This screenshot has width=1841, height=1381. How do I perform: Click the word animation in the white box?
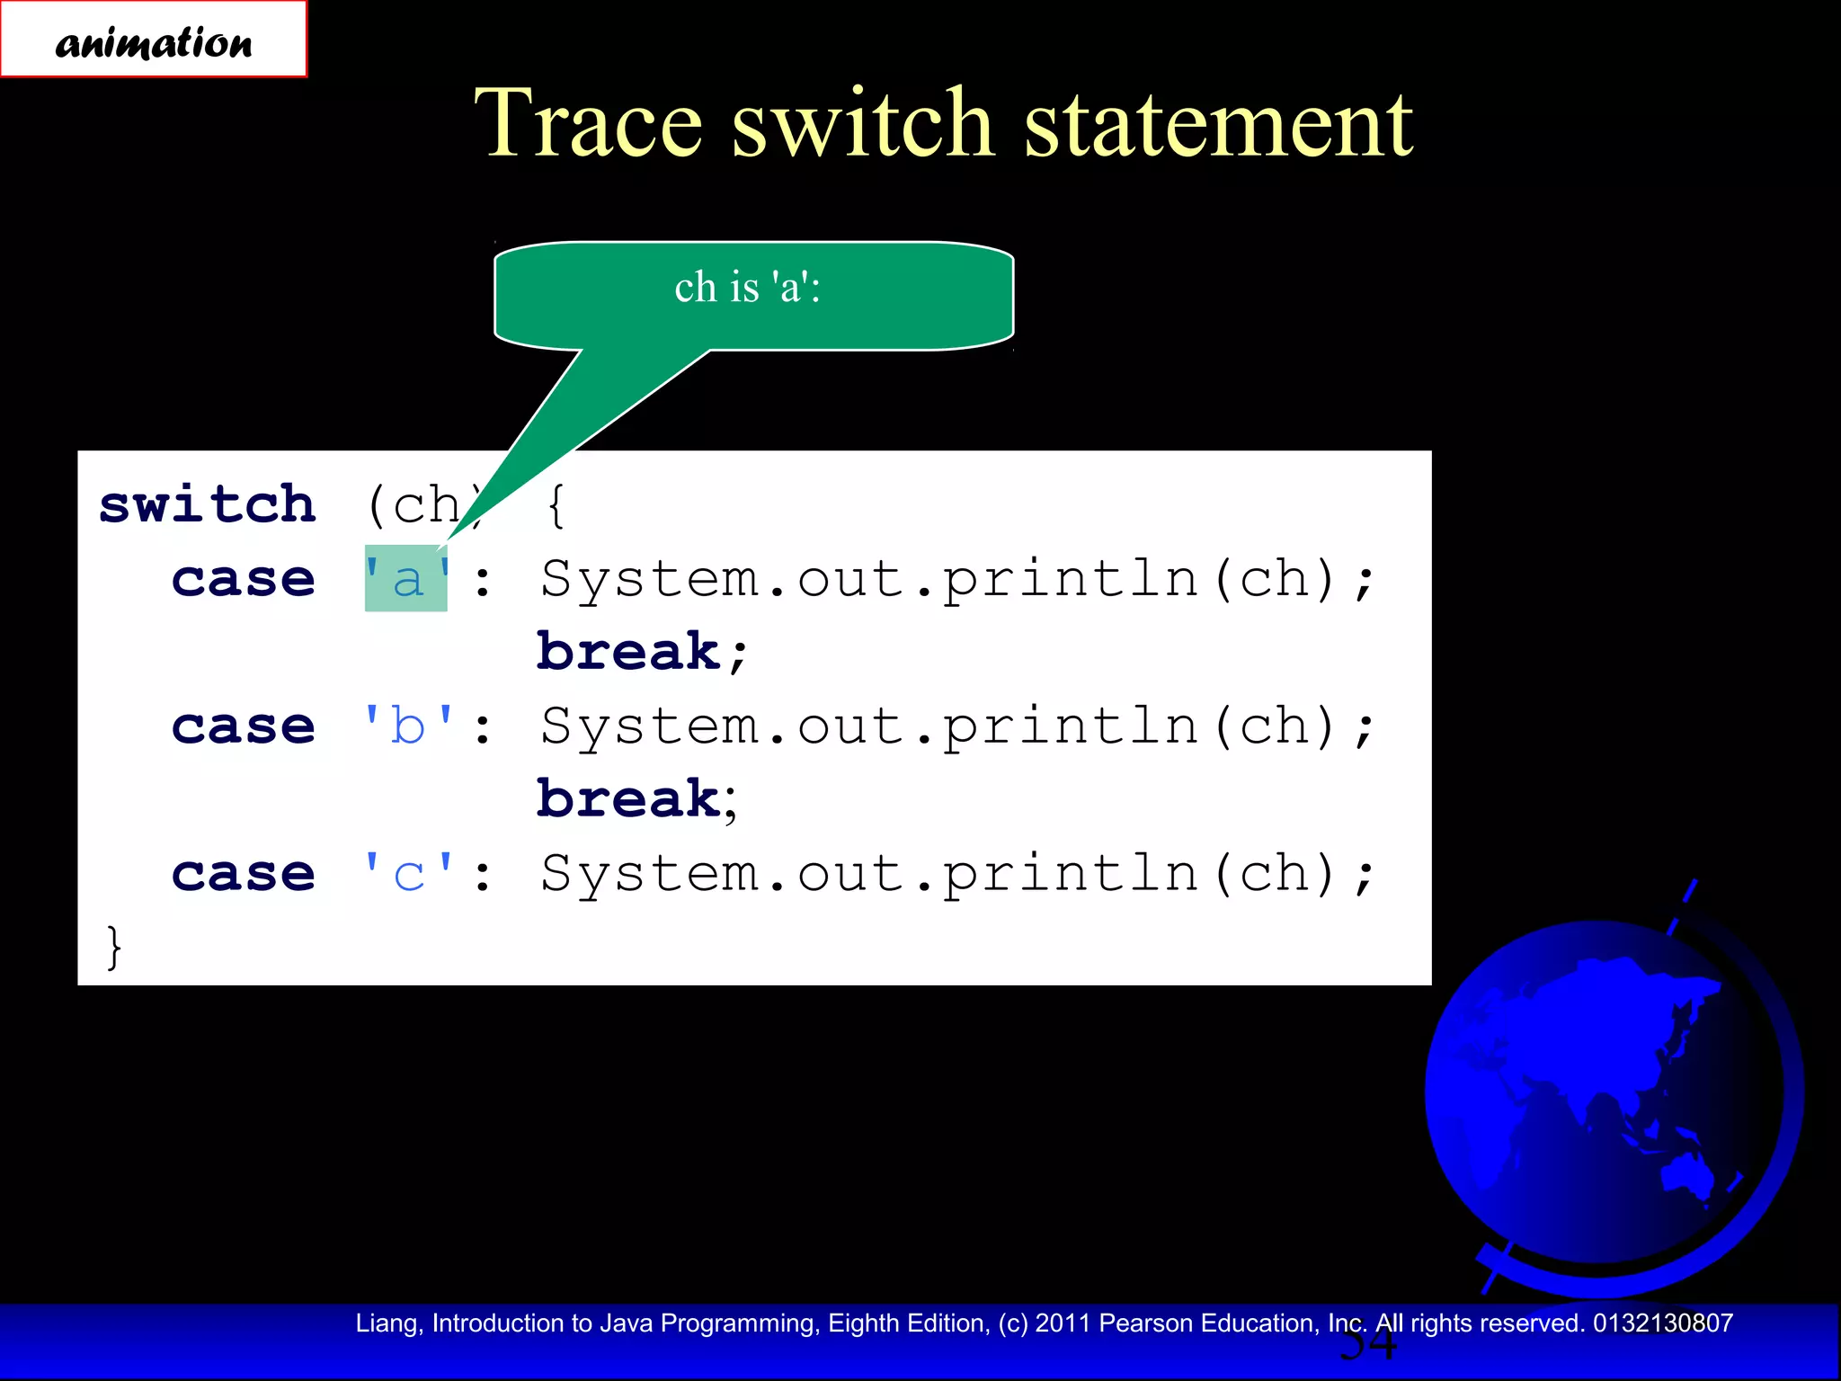[x=154, y=42]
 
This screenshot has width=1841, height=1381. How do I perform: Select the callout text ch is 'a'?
[x=747, y=288]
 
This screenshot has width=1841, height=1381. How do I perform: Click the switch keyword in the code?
[x=208, y=504]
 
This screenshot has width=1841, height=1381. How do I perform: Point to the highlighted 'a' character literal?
[x=406, y=579]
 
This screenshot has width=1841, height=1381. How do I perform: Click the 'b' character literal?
[x=408, y=726]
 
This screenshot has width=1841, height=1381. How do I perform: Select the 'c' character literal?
[x=408, y=873]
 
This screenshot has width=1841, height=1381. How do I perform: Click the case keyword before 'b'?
[x=244, y=726]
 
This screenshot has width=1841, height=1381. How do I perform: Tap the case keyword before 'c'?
[x=244, y=873]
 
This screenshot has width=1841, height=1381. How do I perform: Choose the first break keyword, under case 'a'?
[x=629, y=652]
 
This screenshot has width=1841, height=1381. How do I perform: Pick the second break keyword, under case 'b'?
[x=629, y=799]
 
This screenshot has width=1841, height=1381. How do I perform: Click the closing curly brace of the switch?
[x=113, y=947]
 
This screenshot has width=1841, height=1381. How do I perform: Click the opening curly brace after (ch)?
[x=556, y=504]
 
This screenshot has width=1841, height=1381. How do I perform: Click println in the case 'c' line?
[x=1070, y=873]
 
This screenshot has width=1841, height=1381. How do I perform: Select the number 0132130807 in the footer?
[x=1662, y=1323]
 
